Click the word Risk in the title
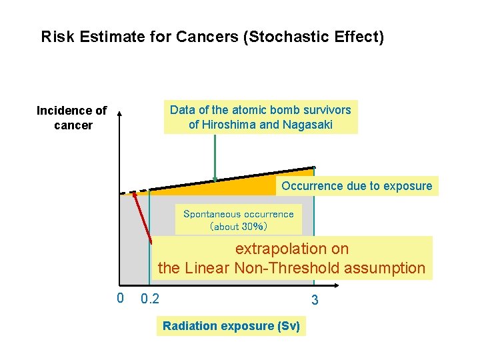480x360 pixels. tap(56, 37)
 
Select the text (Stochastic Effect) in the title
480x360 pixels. tap(314, 37)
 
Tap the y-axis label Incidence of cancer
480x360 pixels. tap(72, 117)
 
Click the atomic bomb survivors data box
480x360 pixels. tap(261, 117)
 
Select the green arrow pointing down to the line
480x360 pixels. tap(215, 157)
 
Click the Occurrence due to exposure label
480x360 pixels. tap(357, 186)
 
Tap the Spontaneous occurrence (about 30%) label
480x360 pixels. tap(238, 220)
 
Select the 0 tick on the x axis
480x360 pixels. tap(120, 298)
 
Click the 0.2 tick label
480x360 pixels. tap(150, 299)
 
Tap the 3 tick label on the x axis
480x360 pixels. tap(315, 301)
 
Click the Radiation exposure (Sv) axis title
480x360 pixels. tap(231, 326)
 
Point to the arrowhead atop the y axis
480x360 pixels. tap(120, 114)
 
